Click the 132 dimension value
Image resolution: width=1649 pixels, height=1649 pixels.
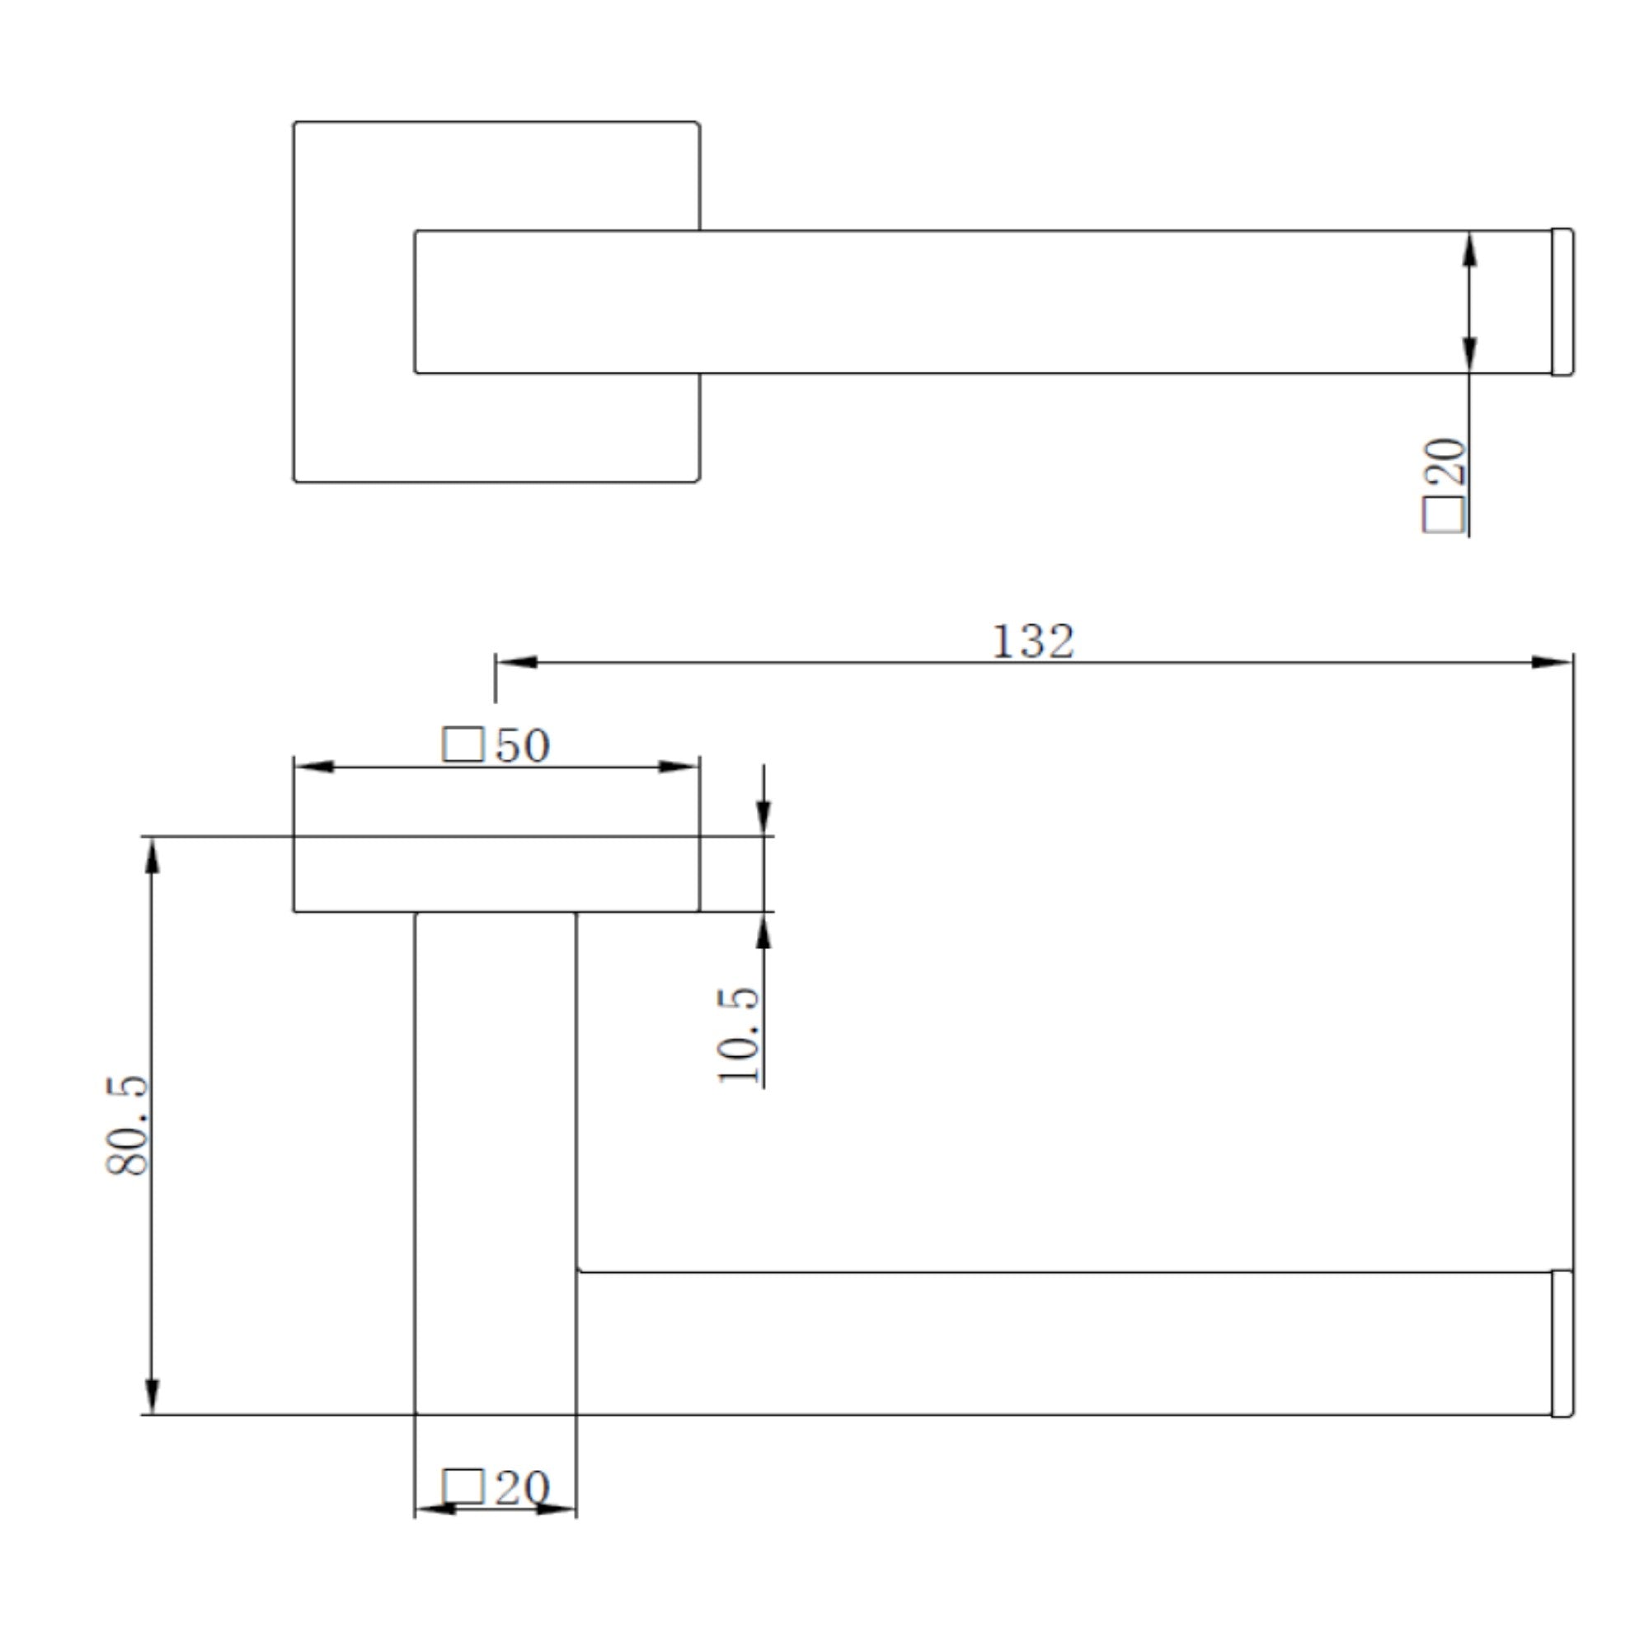tap(1033, 641)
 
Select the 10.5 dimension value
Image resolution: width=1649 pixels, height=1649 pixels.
tap(738, 1035)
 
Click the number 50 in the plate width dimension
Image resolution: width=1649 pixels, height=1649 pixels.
tap(523, 745)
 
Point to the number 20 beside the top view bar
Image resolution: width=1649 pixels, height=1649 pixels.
tap(1445, 462)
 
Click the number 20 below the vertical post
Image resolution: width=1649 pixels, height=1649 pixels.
tap(523, 1487)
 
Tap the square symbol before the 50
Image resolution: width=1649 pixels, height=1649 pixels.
tap(463, 745)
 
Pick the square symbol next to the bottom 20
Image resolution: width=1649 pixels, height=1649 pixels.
tap(463, 1487)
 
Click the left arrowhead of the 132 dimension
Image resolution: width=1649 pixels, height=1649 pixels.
tap(516, 661)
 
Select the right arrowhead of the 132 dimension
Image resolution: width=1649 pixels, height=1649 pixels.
tap(1552, 661)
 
